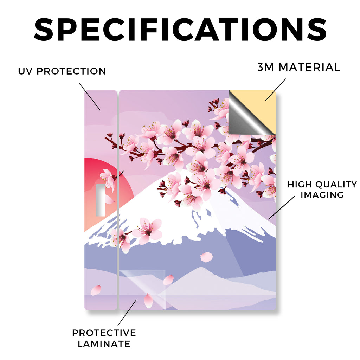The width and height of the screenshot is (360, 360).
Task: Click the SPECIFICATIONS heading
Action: [x=180, y=30]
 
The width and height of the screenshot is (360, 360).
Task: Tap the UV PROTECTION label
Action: [x=62, y=71]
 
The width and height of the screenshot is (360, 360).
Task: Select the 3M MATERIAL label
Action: [x=298, y=67]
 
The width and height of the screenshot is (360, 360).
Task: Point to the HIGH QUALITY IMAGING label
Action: [x=322, y=189]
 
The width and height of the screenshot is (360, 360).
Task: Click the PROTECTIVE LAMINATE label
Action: [x=104, y=338]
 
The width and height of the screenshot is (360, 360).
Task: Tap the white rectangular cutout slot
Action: [x=101, y=200]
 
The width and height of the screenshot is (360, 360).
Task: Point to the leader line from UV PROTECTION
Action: [x=90, y=97]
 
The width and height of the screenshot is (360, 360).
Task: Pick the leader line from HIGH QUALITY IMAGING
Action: [x=282, y=207]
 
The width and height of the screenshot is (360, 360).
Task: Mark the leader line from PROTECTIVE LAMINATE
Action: [x=127, y=313]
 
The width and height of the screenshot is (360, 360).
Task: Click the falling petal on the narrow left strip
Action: [x=96, y=290]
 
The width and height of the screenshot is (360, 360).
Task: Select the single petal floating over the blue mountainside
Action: [x=206, y=257]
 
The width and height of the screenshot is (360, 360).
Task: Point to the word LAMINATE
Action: [x=104, y=344]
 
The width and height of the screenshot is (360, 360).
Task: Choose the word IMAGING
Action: [x=322, y=195]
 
